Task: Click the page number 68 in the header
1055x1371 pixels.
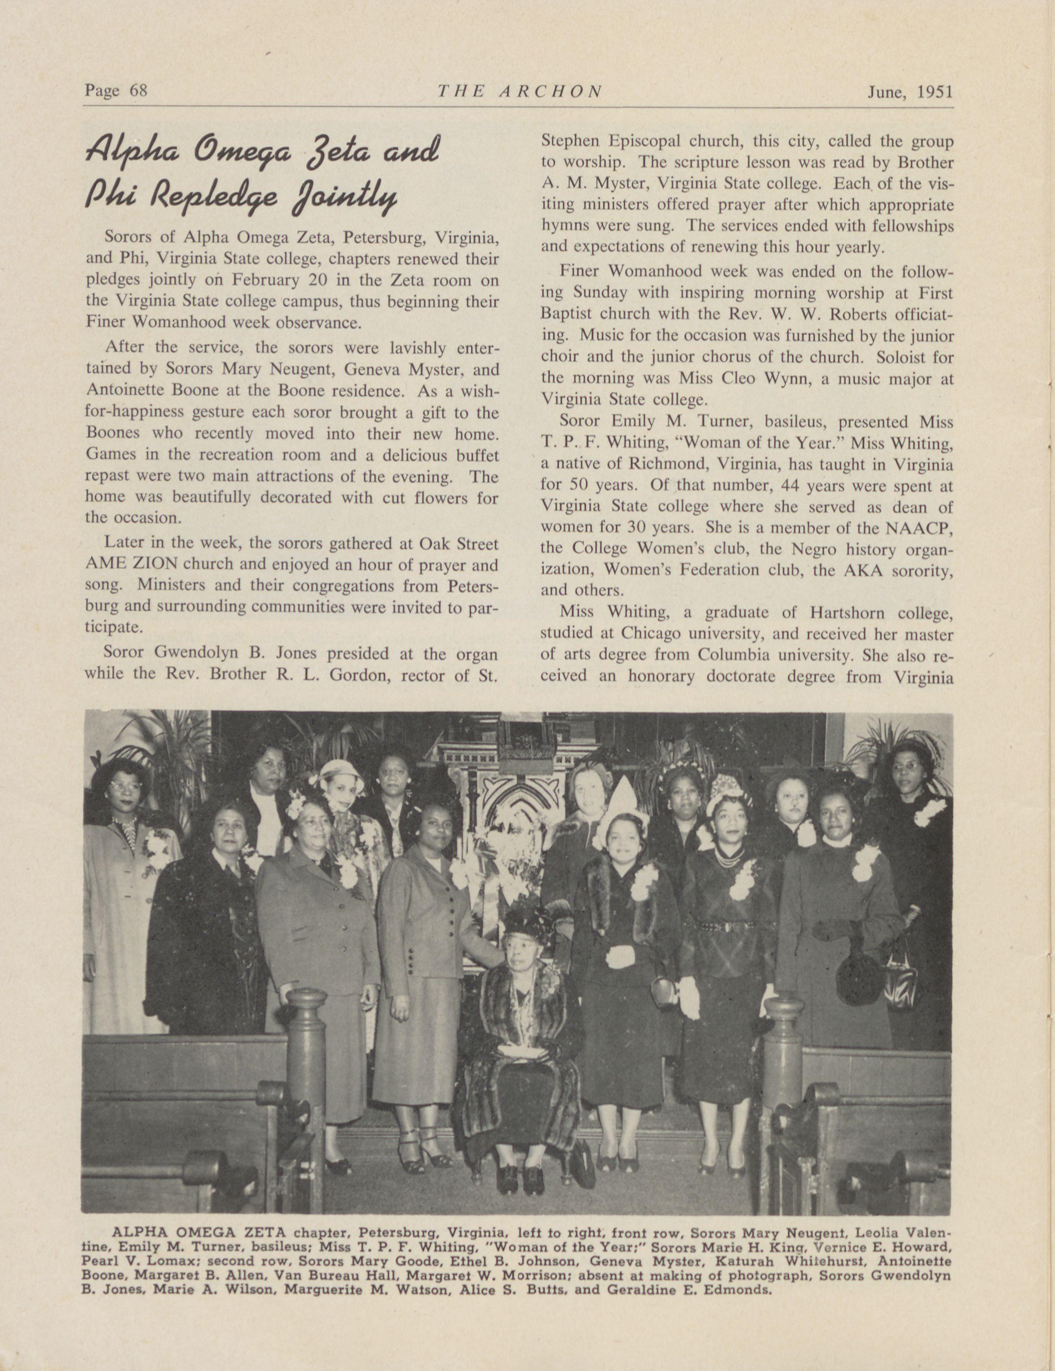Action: pyautogui.click(x=138, y=91)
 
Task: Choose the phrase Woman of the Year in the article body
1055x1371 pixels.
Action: pyautogui.click(x=739, y=443)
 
